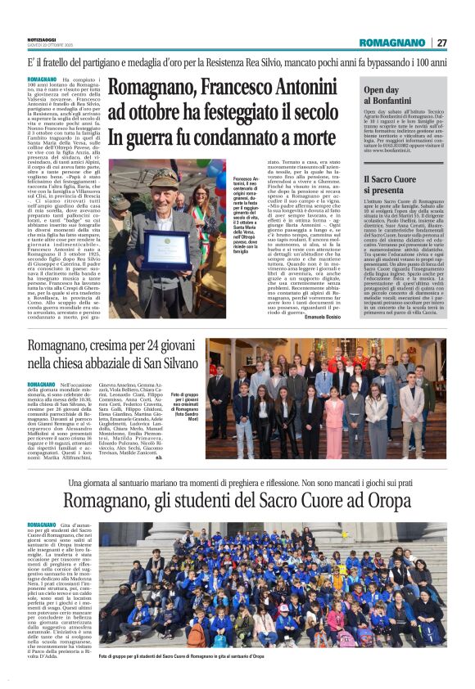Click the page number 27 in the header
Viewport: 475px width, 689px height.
(441, 43)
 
